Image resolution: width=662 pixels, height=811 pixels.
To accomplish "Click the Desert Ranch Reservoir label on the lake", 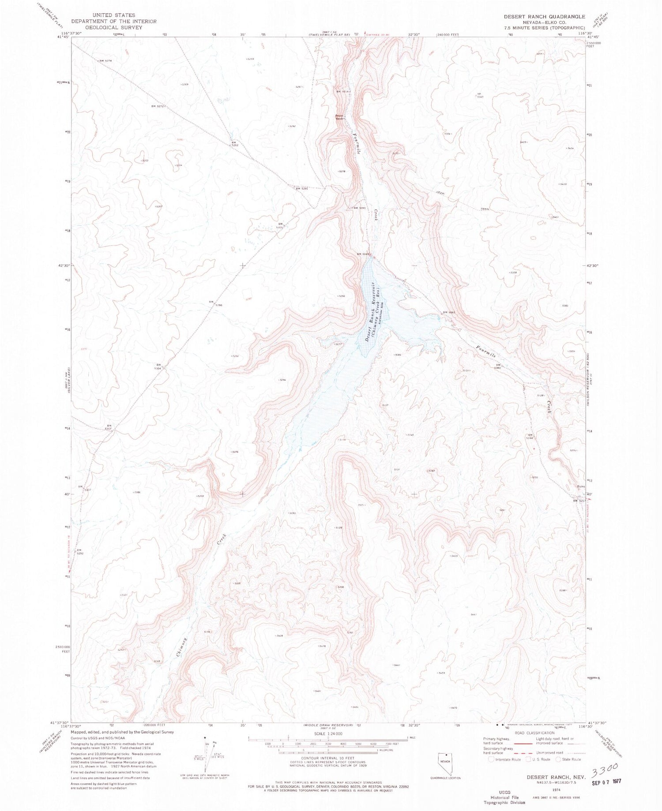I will tap(371, 311).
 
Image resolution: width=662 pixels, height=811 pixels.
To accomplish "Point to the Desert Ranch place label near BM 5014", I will tap(339, 117).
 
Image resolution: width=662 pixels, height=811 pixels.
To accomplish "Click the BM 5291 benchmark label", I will tap(301, 189).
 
